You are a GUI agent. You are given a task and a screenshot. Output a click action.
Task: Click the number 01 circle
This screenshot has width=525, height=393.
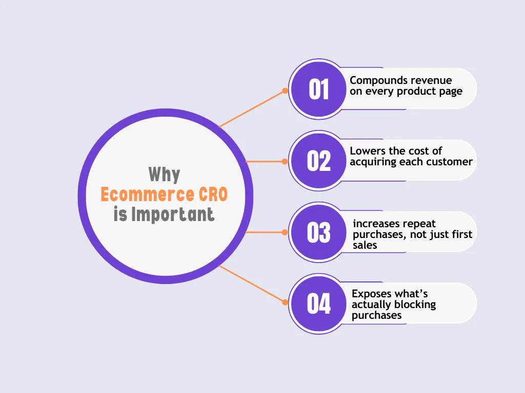(x=318, y=90)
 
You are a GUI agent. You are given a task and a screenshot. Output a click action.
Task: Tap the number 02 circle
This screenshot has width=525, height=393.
(x=318, y=161)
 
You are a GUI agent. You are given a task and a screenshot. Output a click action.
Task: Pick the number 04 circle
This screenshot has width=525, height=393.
(x=318, y=304)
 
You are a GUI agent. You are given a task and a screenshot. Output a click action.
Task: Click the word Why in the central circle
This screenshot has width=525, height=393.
(x=164, y=174)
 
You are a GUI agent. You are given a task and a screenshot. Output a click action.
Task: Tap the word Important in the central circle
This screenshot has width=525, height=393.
(x=172, y=214)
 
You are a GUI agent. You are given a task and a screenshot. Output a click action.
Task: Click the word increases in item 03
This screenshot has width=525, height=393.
(x=376, y=224)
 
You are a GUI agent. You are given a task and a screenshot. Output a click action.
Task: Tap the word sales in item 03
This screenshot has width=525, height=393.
(x=365, y=245)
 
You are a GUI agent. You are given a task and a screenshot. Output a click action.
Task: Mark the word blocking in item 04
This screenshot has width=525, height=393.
(x=416, y=304)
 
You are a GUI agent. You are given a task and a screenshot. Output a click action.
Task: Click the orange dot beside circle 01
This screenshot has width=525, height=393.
(x=285, y=91)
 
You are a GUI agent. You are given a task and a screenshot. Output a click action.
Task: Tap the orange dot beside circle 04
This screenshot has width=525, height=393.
(x=285, y=302)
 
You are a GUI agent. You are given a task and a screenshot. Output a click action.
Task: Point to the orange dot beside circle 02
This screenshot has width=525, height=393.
(x=285, y=161)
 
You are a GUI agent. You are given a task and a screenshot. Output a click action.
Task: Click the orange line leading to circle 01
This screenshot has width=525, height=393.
(x=251, y=108)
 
